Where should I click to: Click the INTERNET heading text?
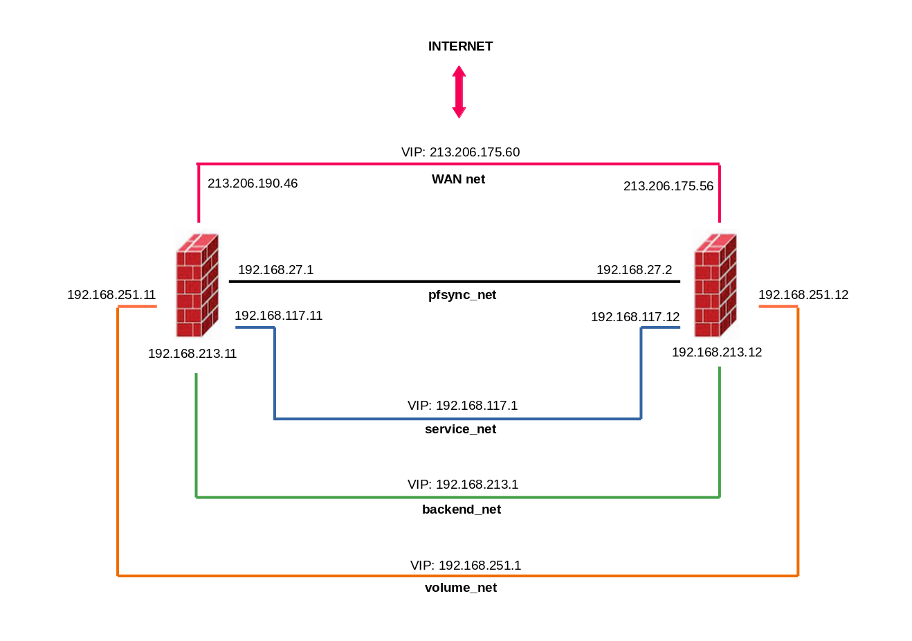point(460,46)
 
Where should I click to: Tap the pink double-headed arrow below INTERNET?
point(459,91)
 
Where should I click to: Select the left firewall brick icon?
point(197,285)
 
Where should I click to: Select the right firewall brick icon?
point(715,285)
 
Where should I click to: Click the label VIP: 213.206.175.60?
point(460,152)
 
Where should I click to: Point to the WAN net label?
point(458,179)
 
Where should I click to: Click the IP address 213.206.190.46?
point(253,183)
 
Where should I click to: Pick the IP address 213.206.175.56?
point(668,186)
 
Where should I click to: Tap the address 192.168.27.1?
point(275,270)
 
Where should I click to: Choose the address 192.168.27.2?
point(634,270)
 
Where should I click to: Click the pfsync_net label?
point(462,295)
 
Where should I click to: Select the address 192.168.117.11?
point(278,316)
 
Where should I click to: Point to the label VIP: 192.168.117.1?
point(462,406)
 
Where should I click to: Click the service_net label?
point(460,429)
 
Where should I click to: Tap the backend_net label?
point(461,509)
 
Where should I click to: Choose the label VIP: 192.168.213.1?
point(462,485)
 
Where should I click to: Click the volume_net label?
point(460,588)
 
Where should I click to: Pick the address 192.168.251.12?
point(803,295)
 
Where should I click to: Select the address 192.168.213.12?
point(716,352)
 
